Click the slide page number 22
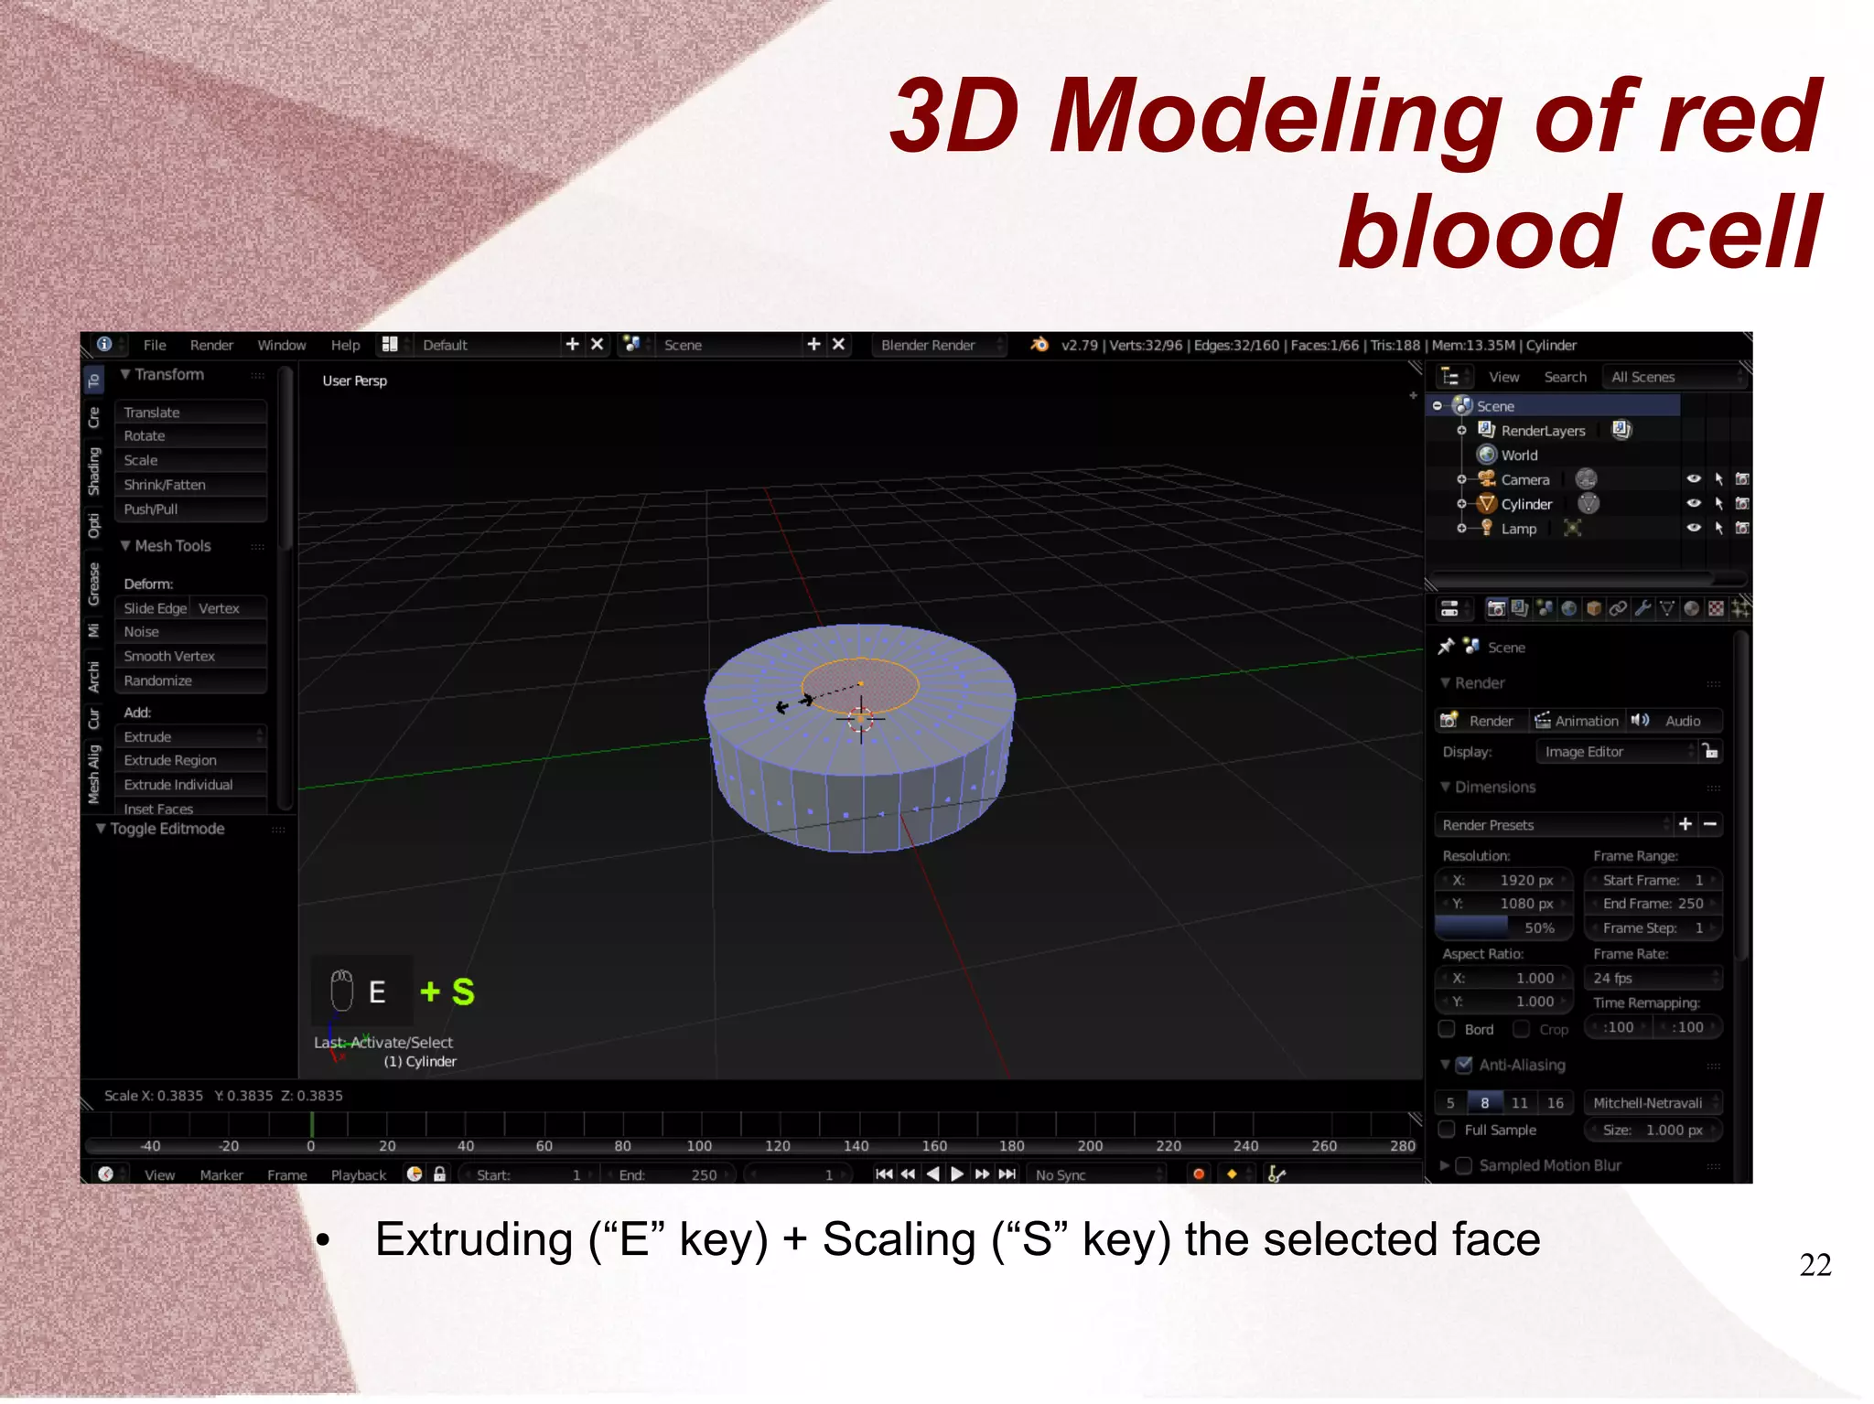click(x=1815, y=1265)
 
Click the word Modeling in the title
click(x=1276, y=116)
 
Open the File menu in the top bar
click(x=155, y=345)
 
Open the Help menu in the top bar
click(x=345, y=345)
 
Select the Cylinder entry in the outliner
click(x=1526, y=504)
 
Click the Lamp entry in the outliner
click(x=1518, y=529)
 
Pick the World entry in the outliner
click(x=1519, y=455)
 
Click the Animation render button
click(x=1577, y=721)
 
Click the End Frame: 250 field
click(x=1653, y=904)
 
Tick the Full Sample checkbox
click(x=1448, y=1130)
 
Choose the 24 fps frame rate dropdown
click(x=1653, y=978)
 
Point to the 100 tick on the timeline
click(x=699, y=1146)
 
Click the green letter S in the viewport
click(x=463, y=991)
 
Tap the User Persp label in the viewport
click(x=355, y=380)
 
